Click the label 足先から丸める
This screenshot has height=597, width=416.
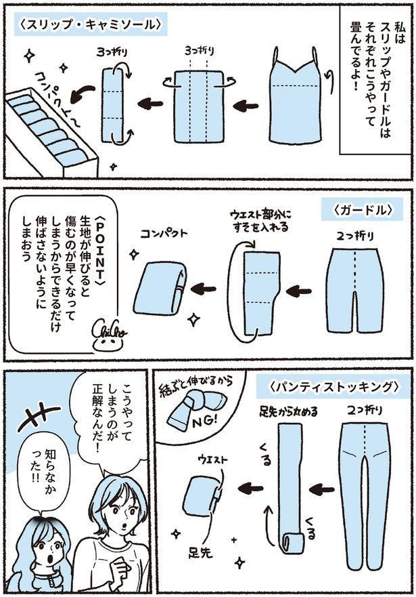[x=289, y=411]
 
